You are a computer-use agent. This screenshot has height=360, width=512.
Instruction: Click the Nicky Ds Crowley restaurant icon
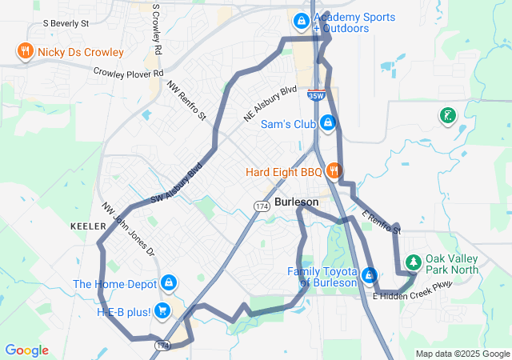pos(26,52)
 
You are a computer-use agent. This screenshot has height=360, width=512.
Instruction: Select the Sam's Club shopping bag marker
pos(326,123)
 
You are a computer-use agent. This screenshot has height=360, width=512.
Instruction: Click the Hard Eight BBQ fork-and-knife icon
pos(334,171)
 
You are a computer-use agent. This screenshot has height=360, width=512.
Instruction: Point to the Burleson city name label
pos(296,202)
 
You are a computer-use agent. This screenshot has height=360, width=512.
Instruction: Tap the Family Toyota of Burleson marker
pos(369,276)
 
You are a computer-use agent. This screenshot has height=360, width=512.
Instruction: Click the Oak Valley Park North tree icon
pos(413,262)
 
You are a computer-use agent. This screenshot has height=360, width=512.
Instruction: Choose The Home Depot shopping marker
pos(169,283)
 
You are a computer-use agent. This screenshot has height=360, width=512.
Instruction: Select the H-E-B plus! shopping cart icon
pos(162,310)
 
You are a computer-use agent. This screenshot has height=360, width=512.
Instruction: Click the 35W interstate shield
pos(314,95)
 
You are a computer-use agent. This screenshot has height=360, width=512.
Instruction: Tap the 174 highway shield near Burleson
pos(261,206)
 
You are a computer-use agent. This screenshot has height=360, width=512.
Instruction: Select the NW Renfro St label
pos(187,101)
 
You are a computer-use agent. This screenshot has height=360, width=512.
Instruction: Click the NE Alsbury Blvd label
pos(270,104)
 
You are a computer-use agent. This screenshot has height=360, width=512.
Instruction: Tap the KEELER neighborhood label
pos(88,226)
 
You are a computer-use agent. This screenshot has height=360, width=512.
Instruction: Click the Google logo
pos(27,350)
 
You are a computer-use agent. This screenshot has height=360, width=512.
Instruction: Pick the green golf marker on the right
pos(447,117)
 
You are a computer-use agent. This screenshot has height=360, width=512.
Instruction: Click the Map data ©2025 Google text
pos(462,354)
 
